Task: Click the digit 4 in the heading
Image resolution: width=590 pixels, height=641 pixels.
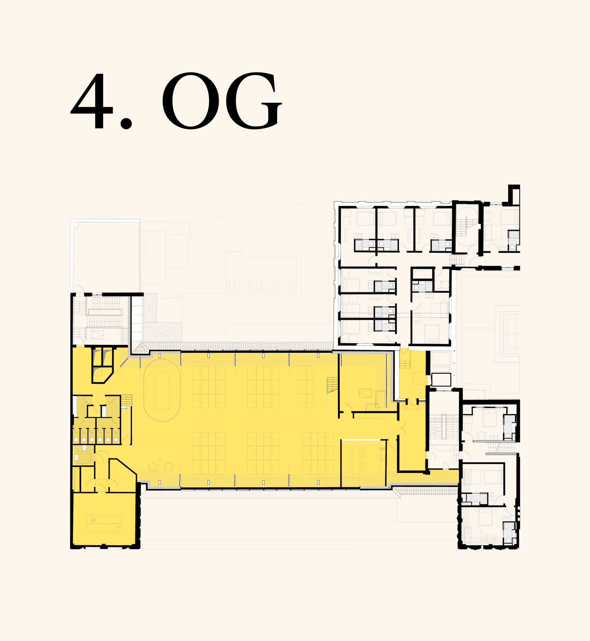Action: (x=92, y=101)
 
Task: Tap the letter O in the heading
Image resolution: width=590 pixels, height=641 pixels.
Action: (x=191, y=101)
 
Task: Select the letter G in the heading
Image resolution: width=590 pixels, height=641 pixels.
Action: (x=254, y=101)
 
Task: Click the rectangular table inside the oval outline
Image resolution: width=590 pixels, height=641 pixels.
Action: (x=162, y=390)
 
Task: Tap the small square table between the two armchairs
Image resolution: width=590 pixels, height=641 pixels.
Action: (x=160, y=462)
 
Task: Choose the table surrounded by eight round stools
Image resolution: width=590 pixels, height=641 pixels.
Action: (x=356, y=460)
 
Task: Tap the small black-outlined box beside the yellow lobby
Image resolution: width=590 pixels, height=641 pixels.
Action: (x=441, y=380)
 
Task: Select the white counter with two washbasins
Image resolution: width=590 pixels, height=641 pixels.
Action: (x=104, y=411)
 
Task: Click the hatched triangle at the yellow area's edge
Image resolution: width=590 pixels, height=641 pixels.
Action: (x=141, y=348)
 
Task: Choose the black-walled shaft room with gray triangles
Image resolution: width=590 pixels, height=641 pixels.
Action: (x=102, y=365)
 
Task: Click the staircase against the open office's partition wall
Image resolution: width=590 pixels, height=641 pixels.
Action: (x=332, y=385)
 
